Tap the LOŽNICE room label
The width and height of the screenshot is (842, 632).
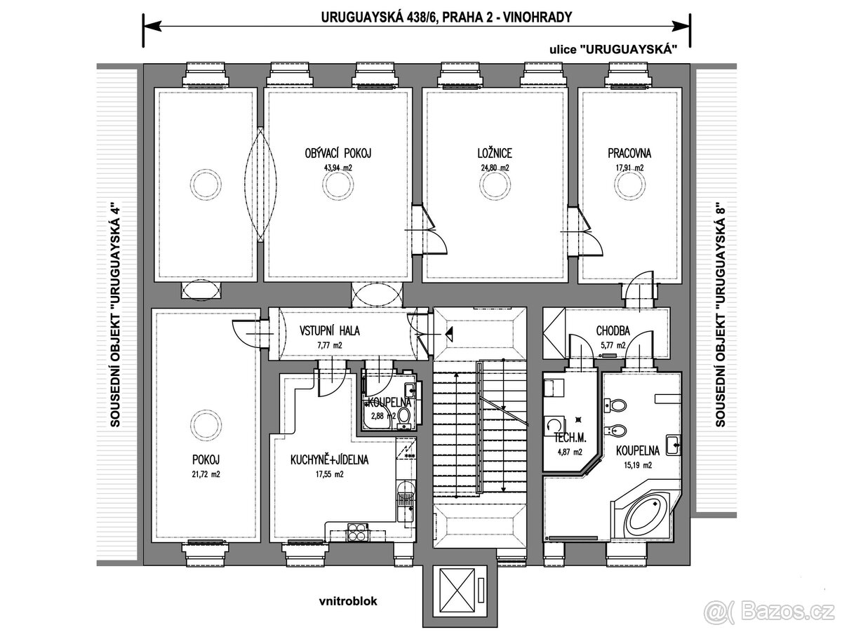(490, 152)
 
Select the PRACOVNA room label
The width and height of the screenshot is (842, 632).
(629, 152)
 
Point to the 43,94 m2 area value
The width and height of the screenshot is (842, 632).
(338, 168)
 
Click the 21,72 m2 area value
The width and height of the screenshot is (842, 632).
(206, 474)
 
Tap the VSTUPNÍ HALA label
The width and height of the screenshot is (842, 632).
(329, 331)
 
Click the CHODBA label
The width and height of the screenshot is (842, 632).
(613, 331)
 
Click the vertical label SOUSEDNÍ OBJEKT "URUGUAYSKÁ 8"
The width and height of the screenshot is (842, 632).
(720, 316)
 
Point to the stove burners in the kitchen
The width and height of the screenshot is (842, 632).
(356, 533)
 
